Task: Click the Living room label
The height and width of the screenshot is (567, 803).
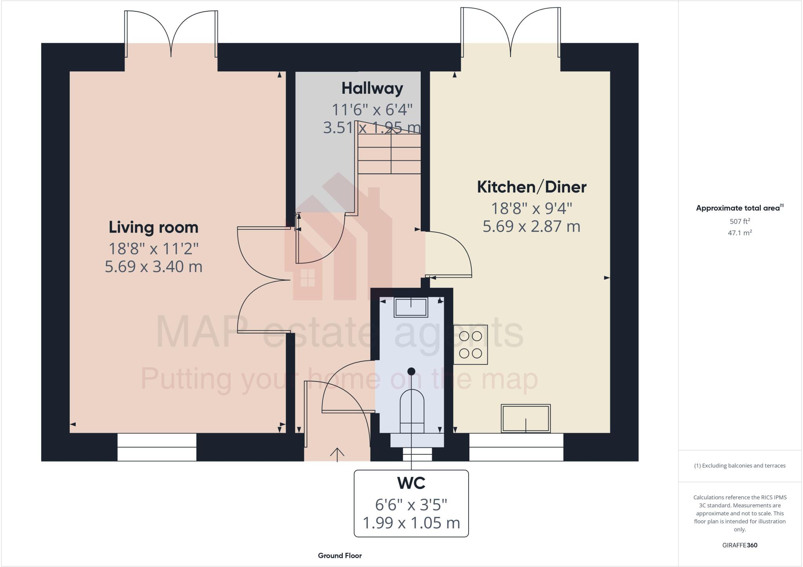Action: [x=153, y=227]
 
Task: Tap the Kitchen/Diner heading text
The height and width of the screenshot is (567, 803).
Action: [x=531, y=187]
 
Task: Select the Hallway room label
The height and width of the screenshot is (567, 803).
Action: [x=372, y=88]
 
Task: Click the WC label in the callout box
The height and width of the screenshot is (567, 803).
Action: [x=411, y=483]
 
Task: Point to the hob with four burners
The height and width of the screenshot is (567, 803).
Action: [x=471, y=345]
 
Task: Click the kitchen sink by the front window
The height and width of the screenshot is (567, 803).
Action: [x=525, y=418]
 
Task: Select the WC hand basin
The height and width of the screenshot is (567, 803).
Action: [x=411, y=307]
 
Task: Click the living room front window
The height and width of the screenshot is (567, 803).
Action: [x=157, y=447]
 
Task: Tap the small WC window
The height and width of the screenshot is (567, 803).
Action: [x=417, y=454]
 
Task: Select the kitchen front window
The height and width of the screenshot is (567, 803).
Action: [x=516, y=447]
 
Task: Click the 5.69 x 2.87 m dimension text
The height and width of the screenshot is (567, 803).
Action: [x=531, y=227]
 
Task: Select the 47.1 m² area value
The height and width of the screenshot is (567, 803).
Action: [x=739, y=233]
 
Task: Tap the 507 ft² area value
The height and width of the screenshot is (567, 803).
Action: [x=739, y=221]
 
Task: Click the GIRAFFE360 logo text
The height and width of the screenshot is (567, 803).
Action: [x=739, y=545]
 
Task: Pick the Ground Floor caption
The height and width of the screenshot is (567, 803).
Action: [x=340, y=556]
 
